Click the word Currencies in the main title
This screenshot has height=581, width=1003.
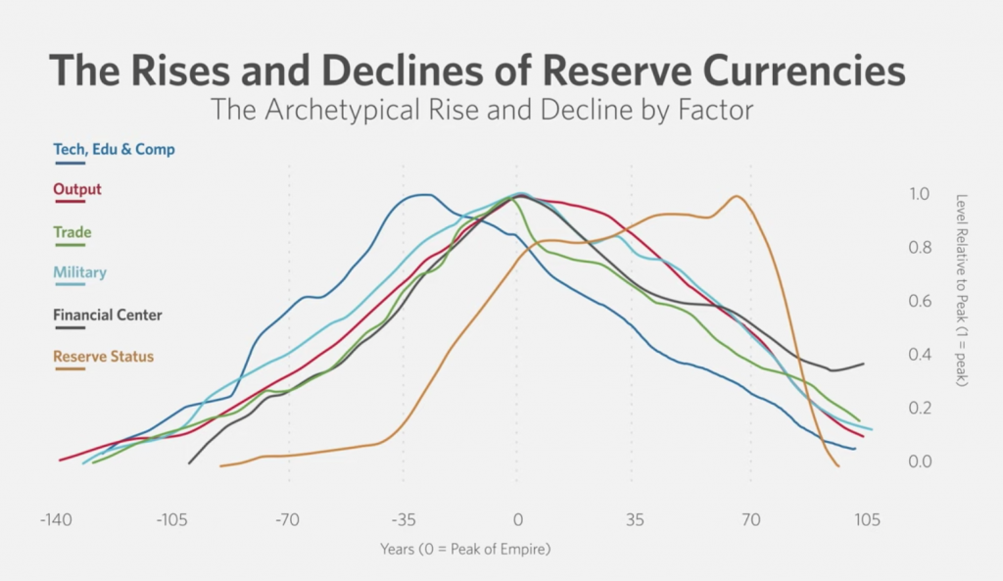click(796, 72)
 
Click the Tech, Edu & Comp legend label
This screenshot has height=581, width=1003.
click(115, 150)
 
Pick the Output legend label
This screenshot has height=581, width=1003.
click(77, 189)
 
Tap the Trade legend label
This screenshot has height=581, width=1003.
click(72, 232)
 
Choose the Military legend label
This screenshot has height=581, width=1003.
click(80, 272)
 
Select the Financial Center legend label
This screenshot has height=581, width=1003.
click(108, 315)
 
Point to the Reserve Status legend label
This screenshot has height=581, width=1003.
click(103, 357)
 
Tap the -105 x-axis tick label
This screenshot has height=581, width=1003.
click(172, 519)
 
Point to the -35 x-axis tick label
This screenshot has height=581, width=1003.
click(403, 519)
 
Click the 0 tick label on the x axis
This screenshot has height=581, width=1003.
click(518, 519)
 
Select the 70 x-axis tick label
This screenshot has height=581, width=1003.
click(750, 519)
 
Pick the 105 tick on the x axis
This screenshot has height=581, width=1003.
click(865, 519)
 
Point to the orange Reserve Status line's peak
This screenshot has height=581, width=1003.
click(737, 196)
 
